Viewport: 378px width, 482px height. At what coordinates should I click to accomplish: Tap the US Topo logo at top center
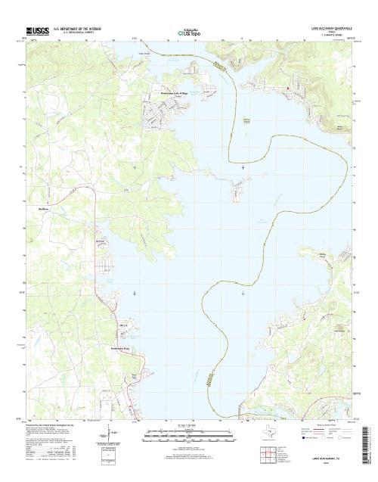tap(189, 33)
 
